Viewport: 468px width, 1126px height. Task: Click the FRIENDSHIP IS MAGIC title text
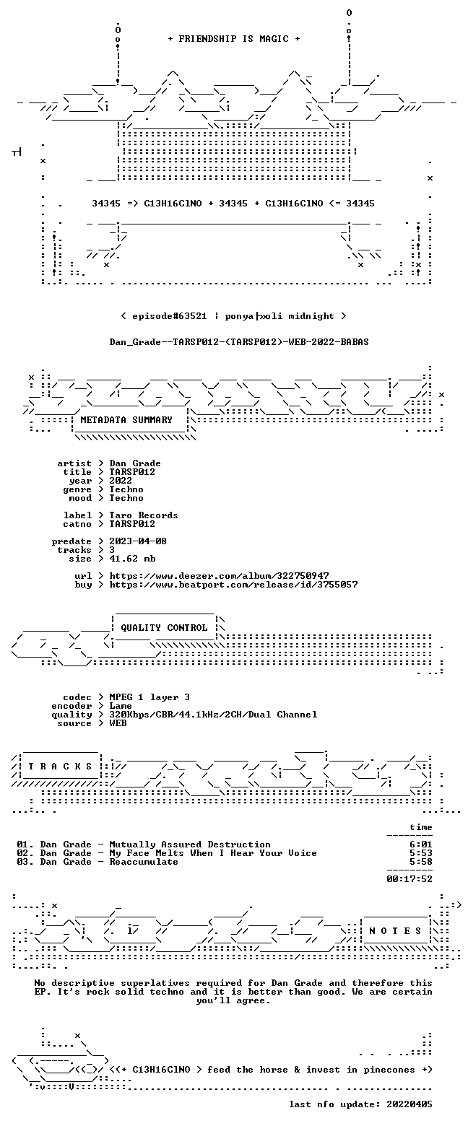pyautogui.click(x=234, y=39)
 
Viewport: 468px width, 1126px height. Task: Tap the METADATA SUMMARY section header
pyautogui.click(x=126, y=420)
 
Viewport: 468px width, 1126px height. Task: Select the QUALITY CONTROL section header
pyautogui.click(x=164, y=628)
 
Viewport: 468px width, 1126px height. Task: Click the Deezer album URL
pyautogui.click(x=220, y=576)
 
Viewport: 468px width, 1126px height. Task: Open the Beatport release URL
pyautogui.click(x=233, y=585)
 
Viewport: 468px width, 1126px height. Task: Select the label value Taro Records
pyautogui.click(x=144, y=515)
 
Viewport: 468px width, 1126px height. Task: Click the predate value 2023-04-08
pyautogui.click(x=138, y=541)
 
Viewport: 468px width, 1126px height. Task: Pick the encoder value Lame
pyautogui.click(x=121, y=706)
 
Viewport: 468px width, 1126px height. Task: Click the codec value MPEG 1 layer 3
pyautogui.click(x=149, y=697)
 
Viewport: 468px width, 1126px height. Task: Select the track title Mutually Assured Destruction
pyautogui.click(x=190, y=844)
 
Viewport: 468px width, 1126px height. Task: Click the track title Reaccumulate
pyautogui.click(x=144, y=862)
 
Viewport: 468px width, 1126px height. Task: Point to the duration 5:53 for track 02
pyautogui.click(x=421, y=853)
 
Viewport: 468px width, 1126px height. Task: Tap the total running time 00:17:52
pyautogui.click(x=409, y=878)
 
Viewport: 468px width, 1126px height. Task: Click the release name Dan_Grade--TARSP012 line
pyautogui.click(x=239, y=342)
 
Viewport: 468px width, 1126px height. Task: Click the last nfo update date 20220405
pyautogui.click(x=409, y=1104)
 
